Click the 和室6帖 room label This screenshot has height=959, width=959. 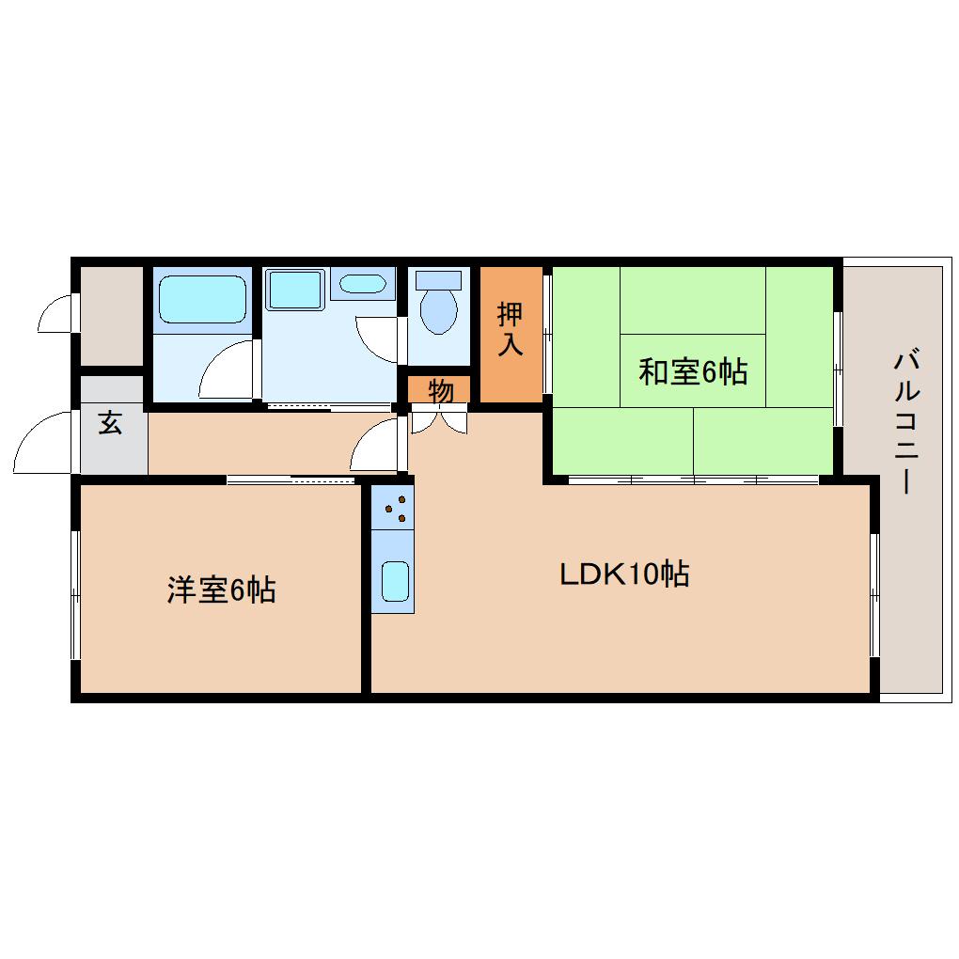coord(693,371)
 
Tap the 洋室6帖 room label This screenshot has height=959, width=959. coord(221,590)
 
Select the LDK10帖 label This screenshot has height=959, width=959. coord(624,574)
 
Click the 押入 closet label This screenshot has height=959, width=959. coord(510,329)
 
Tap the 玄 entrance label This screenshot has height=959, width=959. coord(110,423)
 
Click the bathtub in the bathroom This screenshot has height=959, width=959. coord(201,299)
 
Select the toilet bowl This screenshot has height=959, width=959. coord(438,311)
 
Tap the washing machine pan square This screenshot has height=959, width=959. coord(294,290)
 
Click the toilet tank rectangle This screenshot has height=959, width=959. coord(438,280)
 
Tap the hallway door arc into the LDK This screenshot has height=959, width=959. coord(376,444)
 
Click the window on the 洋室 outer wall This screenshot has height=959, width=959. coord(75,594)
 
